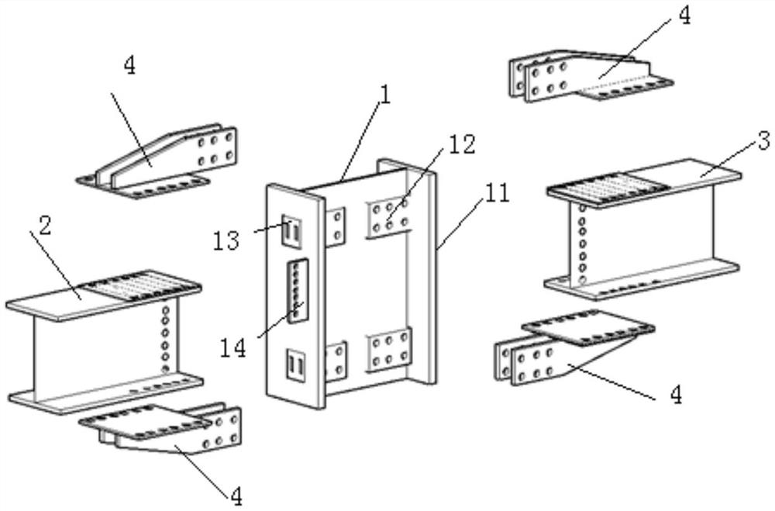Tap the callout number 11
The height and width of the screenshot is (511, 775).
pyautogui.click(x=498, y=193)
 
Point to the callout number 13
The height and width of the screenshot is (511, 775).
pyautogui.click(x=226, y=241)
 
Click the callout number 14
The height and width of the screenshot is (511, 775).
pyautogui.click(x=232, y=349)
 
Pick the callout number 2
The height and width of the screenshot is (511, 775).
pyautogui.click(x=45, y=226)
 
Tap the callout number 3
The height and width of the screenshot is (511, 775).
pyautogui.click(x=763, y=140)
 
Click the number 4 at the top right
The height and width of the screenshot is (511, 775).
pyautogui.click(x=684, y=16)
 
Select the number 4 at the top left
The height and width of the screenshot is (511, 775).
pyautogui.click(x=129, y=65)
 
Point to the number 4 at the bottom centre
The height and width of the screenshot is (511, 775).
pyautogui.click(x=236, y=496)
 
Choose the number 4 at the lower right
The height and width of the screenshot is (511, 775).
pyautogui.click(x=676, y=395)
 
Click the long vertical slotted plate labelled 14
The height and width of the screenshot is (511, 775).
pyautogui.click(x=298, y=291)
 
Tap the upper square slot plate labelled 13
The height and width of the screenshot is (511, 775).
pyautogui.click(x=291, y=230)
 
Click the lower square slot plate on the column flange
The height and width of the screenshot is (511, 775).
pyautogui.click(x=296, y=365)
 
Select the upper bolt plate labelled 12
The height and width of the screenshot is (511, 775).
pyautogui.click(x=390, y=217)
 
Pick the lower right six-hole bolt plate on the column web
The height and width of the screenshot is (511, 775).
pyautogui.click(x=390, y=350)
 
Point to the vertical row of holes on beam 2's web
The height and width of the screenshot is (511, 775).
pyautogui.click(x=166, y=340)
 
